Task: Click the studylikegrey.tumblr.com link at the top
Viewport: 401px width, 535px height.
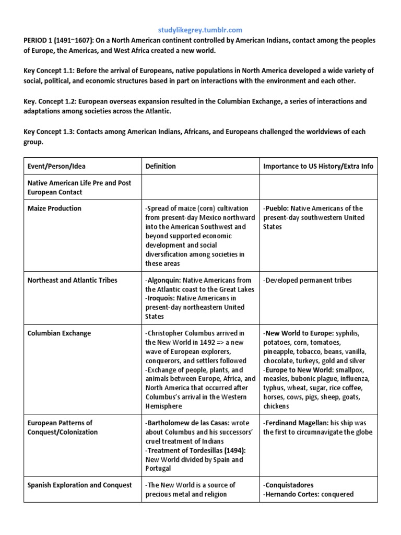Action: click(x=200, y=30)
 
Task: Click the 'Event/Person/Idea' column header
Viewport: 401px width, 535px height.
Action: click(x=56, y=166)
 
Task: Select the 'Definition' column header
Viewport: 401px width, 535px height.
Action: click(x=161, y=166)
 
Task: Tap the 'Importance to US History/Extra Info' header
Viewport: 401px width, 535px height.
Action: click(x=318, y=166)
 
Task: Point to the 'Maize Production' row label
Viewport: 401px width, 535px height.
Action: click(x=54, y=208)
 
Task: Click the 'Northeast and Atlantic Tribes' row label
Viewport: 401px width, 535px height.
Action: click(x=72, y=281)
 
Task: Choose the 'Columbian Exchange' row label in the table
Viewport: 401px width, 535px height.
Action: click(x=59, y=333)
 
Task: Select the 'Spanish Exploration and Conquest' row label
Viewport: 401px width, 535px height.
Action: click(x=79, y=485)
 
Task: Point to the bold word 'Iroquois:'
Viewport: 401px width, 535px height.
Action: click(x=163, y=298)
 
